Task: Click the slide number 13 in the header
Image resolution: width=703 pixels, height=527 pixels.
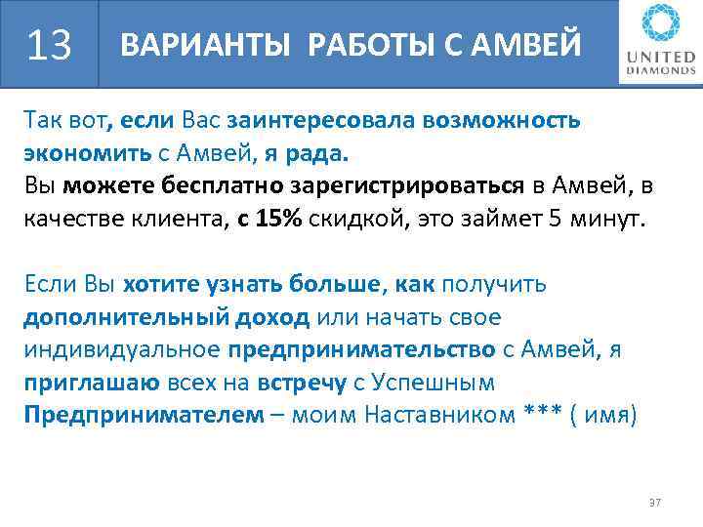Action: click(51, 45)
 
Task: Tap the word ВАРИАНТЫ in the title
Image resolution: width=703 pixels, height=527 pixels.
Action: click(185, 45)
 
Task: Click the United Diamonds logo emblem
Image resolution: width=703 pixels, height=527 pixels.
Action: click(656, 25)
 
